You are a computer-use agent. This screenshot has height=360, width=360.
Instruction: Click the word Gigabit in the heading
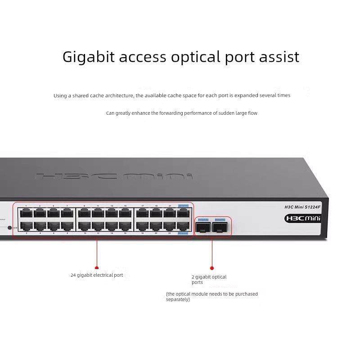pos(88,57)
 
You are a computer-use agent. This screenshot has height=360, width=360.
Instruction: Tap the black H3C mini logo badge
pos(302,218)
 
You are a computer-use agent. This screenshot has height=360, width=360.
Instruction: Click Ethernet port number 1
pos(26,212)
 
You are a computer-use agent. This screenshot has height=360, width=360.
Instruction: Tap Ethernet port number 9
pos(84,212)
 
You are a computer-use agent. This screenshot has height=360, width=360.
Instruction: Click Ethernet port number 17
pos(142,212)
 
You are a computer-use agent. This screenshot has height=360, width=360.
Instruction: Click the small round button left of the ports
pos(9,228)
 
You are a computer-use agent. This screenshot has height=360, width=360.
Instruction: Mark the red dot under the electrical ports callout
pos(97,267)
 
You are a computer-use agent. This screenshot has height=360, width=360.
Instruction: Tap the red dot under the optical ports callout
pos(212,268)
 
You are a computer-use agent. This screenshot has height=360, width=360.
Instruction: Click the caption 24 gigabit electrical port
pos(97,275)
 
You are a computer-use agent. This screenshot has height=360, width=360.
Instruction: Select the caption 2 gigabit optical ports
pos(209,279)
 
